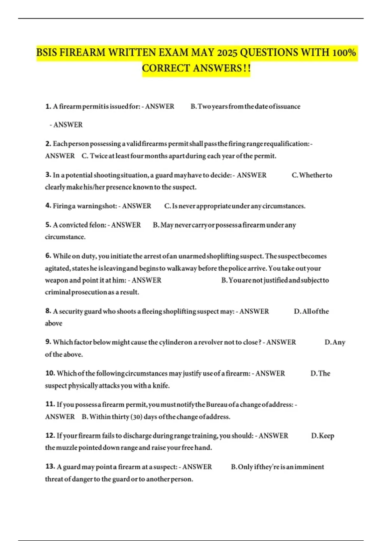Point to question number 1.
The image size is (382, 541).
[x=48, y=106]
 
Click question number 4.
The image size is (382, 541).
[x=48, y=206]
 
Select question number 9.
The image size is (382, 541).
[x=48, y=342]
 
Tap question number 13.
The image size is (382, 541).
[x=50, y=467]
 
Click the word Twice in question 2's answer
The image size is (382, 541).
[x=98, y=156]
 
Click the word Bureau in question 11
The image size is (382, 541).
[x=216, y=404]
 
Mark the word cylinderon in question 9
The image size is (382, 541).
[x=175, y=342]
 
